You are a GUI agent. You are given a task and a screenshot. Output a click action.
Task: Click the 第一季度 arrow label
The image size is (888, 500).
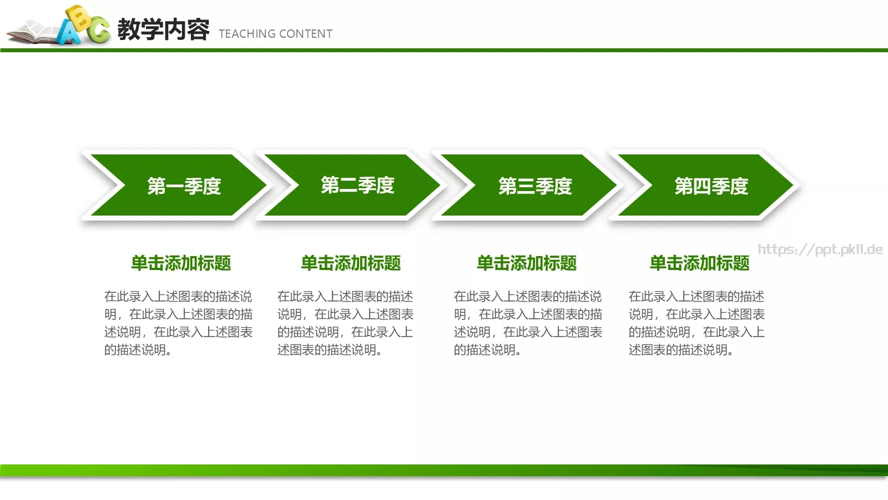(x=184, y=186)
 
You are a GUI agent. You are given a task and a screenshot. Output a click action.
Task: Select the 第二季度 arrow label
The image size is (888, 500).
(x=357, y=185)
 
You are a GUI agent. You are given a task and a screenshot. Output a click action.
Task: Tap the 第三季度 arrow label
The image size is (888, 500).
(x=535, y=186)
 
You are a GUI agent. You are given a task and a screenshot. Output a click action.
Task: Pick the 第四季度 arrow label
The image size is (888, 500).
(x=712, y=186)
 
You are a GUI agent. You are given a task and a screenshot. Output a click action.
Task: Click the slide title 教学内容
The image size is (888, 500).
(x=164, y=29)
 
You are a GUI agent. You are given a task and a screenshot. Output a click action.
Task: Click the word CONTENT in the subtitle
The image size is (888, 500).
(x=306, y=34)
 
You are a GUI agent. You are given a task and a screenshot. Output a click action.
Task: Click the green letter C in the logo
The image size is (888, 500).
(x=99, y=30)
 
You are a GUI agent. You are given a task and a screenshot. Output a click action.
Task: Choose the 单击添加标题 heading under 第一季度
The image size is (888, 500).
(x=181, y=263)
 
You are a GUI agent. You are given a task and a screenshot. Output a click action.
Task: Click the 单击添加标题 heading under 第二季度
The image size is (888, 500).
(x=351, y=263)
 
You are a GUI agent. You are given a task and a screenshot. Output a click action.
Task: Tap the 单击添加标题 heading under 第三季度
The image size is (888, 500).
(x=527, y=263)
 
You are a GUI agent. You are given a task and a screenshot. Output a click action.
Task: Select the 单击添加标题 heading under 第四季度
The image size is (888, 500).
(x=699, y=263)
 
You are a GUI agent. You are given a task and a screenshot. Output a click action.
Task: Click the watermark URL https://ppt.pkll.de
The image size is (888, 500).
(x=820, y=249)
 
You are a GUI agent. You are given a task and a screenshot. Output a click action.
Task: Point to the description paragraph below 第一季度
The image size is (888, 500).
(x=178, y=323)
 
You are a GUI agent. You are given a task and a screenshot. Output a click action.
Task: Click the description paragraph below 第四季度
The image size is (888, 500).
(x=697, y=323)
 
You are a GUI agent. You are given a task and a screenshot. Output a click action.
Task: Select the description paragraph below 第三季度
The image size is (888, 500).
(x=528, y=323)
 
